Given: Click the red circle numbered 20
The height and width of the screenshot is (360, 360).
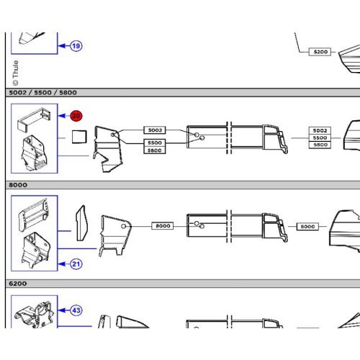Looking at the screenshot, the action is (x=76, y=116).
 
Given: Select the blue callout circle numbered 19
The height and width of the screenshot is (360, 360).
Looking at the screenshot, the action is (x=76, y=46).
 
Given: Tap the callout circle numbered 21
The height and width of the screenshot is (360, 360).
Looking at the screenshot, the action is (x=76, y=264).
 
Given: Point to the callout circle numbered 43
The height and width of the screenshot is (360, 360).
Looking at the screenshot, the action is (x=76, y=310).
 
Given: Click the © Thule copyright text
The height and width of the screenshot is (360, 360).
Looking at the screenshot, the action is (x=15, y=73).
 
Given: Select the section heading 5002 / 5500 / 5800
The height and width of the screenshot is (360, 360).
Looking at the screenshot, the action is (x=42, y=93).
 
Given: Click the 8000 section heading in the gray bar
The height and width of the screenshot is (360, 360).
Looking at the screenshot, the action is (x=18, y=185).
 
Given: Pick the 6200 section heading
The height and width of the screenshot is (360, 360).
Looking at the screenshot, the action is (x=18, y=284).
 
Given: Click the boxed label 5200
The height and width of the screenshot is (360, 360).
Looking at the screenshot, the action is (x=320, y=52).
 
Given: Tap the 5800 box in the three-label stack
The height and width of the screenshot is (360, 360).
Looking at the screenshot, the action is (x=320, y=145).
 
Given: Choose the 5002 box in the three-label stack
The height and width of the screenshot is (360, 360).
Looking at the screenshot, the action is (x=320, y=130).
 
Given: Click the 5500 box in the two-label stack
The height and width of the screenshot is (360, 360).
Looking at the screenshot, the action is (x=155, y=143).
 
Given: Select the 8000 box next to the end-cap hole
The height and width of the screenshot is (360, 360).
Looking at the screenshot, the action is (x=163, y=226).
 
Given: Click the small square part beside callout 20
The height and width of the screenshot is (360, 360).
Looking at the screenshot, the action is (x=79, y=137).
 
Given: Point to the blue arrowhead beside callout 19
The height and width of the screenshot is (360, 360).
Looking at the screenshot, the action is (x=62, y=46).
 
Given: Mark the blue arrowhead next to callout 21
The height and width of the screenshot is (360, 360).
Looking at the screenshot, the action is (x=62, y=264).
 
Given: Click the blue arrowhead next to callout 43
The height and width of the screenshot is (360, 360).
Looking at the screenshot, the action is (x=62, y=310).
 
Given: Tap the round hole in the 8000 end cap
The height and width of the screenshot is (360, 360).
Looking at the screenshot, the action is (x=124, y=226).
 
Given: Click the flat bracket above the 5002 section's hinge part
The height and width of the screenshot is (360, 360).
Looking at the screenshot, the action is (x=34, y=120).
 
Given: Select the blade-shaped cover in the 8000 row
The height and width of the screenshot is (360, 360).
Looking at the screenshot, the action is (x=82, y=223).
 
